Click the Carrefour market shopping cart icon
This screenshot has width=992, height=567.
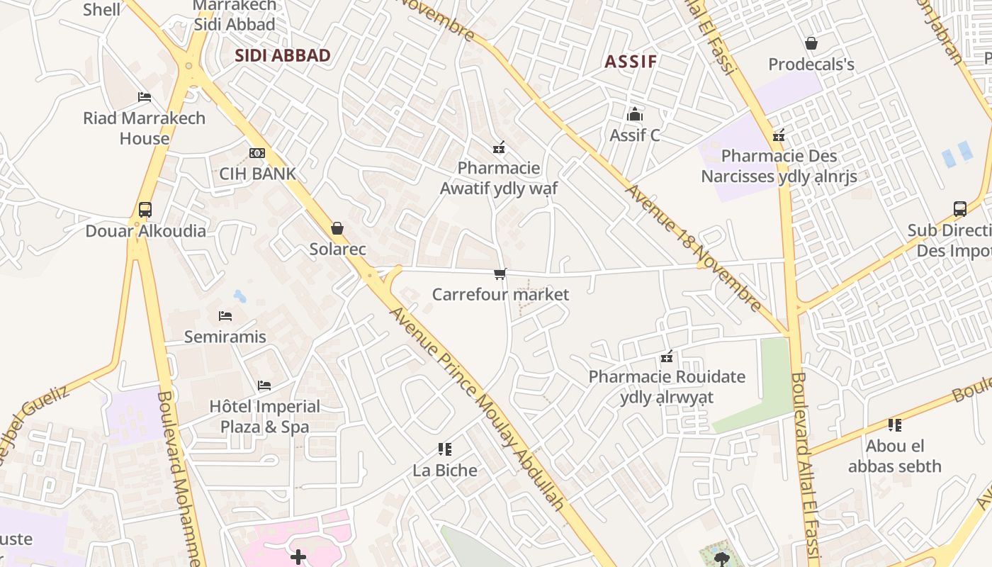500,274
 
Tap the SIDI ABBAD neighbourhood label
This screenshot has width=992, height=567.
283,56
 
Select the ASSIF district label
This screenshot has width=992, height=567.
631,62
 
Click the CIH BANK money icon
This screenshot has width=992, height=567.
257,153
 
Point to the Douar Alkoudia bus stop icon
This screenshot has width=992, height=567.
145,210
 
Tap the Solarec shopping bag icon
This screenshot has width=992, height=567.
337,228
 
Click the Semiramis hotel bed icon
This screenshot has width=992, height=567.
225,315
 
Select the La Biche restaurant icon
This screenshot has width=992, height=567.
445,449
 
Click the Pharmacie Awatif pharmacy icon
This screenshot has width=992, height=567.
499,147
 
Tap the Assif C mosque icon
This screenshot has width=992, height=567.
635,114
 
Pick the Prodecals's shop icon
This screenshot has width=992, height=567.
811,44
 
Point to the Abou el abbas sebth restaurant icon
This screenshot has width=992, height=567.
895,425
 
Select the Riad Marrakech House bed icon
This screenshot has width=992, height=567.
145,97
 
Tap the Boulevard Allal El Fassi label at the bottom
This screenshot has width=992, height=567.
806,468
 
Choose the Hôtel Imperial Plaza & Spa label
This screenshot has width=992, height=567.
265,417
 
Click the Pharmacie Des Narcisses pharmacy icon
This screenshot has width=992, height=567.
779,135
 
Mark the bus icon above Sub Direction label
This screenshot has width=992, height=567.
960,209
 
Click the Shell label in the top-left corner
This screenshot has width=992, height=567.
102,9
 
